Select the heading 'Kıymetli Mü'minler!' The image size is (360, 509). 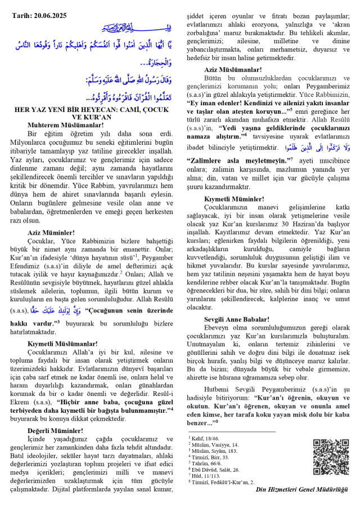click(x=234, y=199)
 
